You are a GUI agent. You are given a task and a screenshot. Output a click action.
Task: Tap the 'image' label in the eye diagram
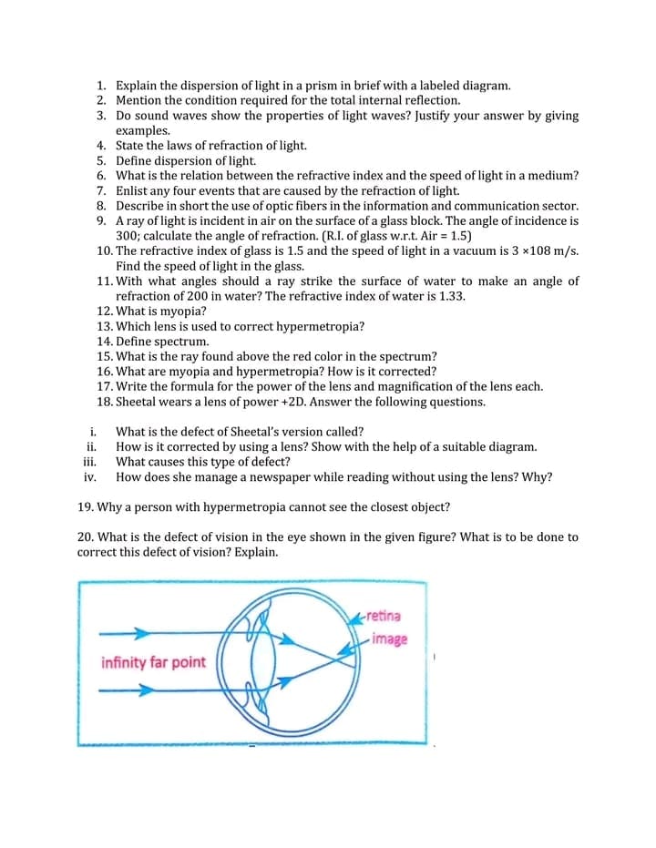(x=389, y=639)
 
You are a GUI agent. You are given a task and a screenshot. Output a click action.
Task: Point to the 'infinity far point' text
(x=153, y=662)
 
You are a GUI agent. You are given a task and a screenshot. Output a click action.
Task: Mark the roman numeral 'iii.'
(x=89, y=462)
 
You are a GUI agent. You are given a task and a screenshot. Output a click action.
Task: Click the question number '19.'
(x=87, y=506)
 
